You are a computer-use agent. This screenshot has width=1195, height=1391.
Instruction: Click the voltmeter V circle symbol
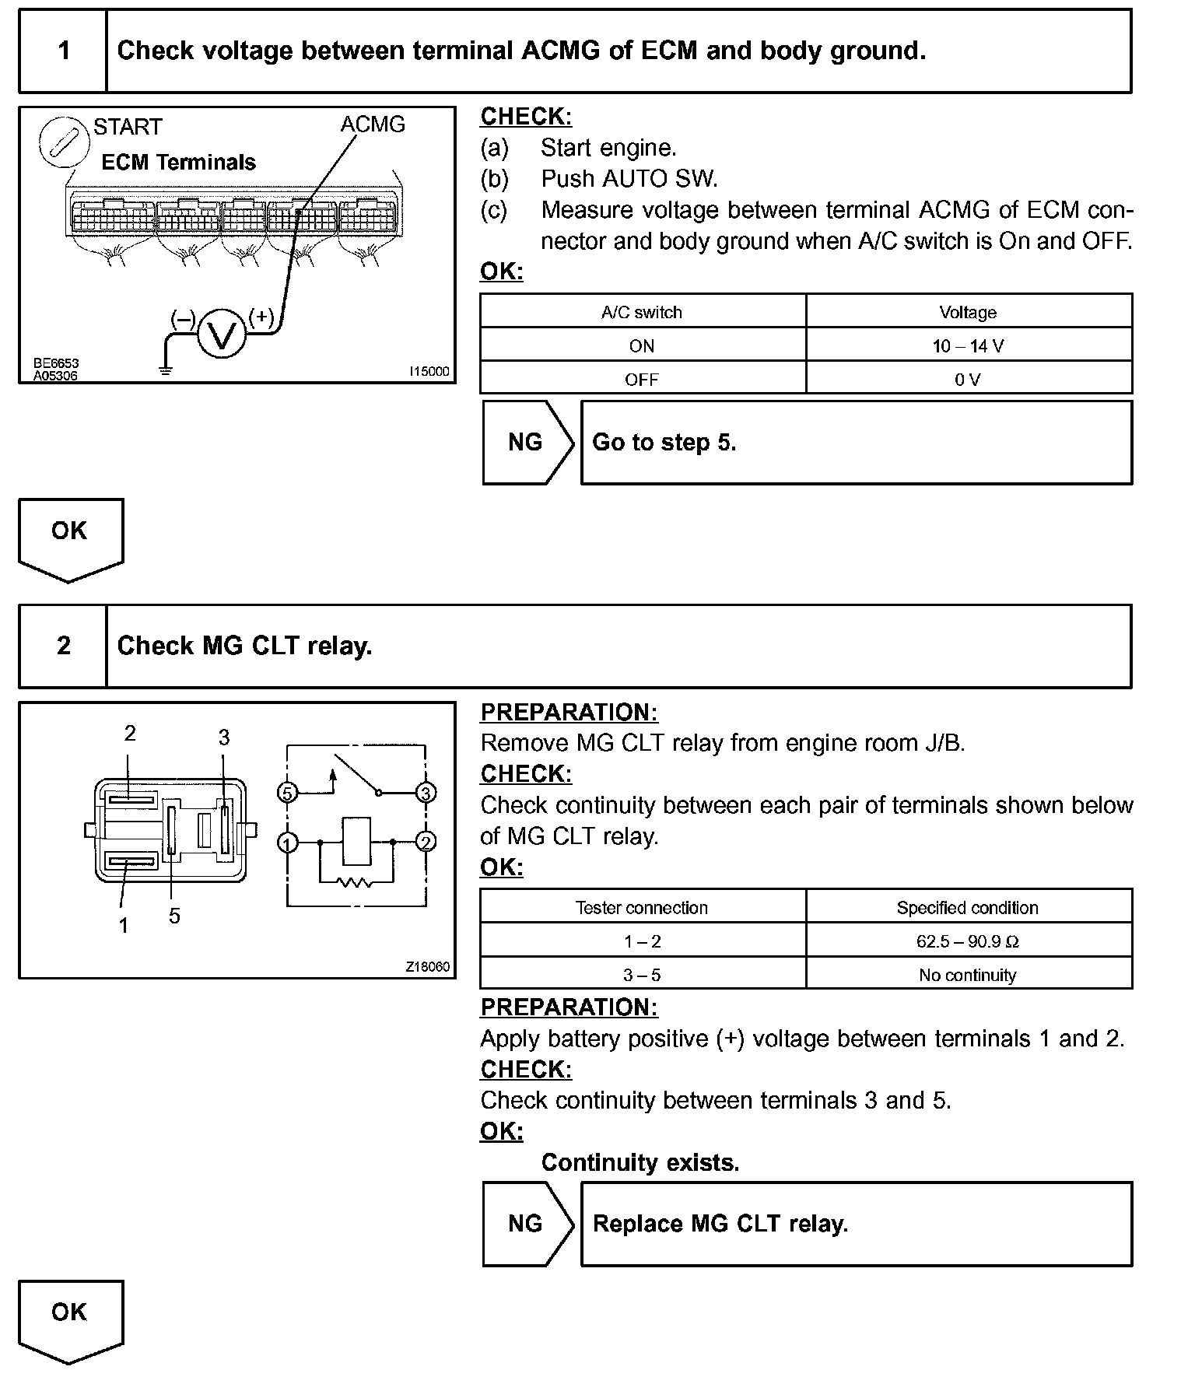tap(222, 335)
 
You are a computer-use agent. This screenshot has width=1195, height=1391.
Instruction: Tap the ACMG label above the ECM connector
tap(373, 124)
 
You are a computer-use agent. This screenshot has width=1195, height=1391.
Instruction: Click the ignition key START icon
tap(61, 142)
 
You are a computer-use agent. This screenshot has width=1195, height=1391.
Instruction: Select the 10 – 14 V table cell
tap(968, 346)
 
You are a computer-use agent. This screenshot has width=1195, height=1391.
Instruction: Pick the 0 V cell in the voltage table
tap(968, 380)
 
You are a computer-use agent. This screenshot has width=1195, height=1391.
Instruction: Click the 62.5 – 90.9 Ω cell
tap(968, 941)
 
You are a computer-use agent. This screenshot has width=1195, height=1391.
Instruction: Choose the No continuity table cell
tap(968, 975)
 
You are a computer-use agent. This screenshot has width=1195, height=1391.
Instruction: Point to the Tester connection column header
tap(642, 908)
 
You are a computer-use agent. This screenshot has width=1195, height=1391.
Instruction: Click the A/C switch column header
tap(642, 313)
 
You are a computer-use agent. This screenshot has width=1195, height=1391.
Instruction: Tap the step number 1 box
tap(63, 51)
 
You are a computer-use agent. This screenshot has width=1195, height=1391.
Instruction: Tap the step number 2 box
tap(63, 646)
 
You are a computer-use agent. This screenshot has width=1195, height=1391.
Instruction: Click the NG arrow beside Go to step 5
tap(527, 443)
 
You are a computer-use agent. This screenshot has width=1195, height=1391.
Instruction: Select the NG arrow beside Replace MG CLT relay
tap(527, 1224)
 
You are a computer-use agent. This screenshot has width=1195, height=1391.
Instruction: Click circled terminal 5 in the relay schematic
tap(288, 793)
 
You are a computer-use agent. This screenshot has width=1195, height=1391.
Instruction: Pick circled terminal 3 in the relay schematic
tap(426, 793)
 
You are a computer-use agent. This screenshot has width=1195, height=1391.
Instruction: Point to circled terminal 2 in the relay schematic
tap(426, 842)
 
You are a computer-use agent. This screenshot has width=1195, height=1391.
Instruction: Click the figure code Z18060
tap(427, 967)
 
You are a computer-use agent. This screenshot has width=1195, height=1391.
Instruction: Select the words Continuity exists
tap(640, 1162)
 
